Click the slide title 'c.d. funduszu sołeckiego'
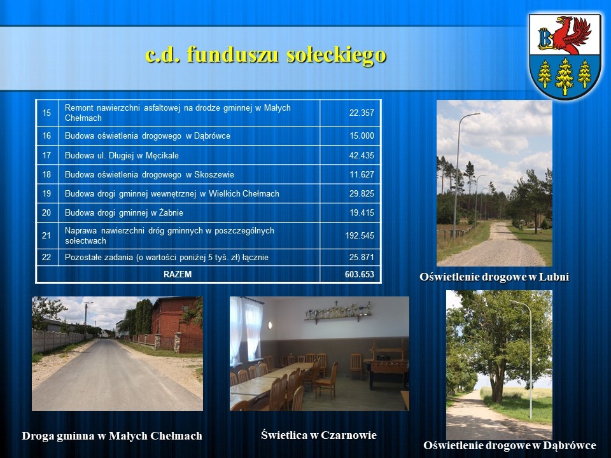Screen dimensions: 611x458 (x=266, y=55)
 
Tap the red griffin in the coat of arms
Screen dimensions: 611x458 (x=572, y=34)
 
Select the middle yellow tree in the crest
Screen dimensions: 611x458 (x=565, y=76)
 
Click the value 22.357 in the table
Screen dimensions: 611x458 (x=362, y=113)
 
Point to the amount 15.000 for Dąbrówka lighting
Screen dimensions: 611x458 (x=362, y=136)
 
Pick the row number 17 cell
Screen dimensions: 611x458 (x=46, y=155)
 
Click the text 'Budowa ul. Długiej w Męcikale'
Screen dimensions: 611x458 (x=122, y=156)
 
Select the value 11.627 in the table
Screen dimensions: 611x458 (x=362, y=174)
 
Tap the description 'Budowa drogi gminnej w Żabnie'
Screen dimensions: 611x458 (x=124, y=213)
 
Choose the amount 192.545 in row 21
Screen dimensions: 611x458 (x=359, y=235)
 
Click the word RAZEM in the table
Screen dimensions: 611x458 (x=178, y=275)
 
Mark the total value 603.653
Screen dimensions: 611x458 (x=359, y=275)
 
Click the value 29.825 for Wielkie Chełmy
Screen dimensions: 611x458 (x=362, y=193)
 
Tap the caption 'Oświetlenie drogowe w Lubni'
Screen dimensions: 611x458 (x=494, y=277)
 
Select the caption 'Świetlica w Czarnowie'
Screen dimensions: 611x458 (x=319, y=435)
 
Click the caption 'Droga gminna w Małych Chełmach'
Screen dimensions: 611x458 (x=112, y=436)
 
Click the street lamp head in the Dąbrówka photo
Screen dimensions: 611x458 (x=516, y=302)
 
